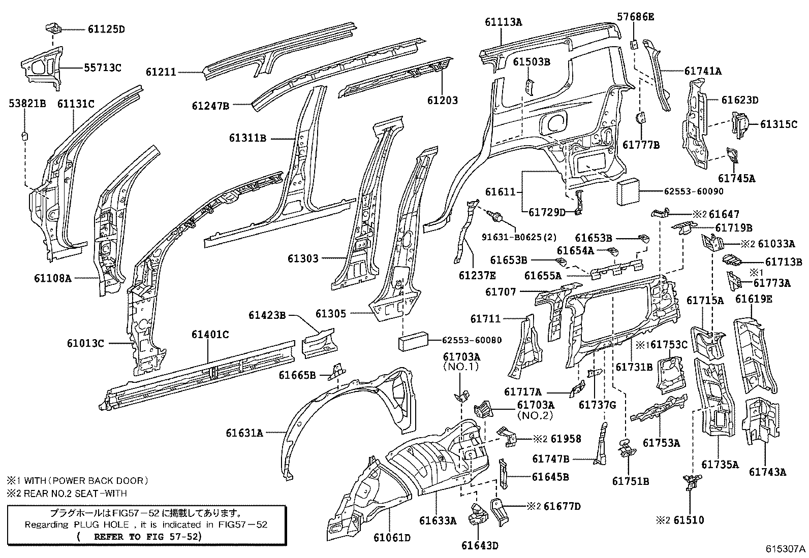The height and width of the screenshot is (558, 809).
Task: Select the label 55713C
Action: (103, 68)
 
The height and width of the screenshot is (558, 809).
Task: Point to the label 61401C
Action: (210, 335)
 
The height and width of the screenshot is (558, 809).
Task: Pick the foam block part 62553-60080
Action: (413, 341)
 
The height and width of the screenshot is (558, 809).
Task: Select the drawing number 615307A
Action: (786, 549)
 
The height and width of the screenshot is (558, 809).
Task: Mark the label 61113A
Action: (503, 22)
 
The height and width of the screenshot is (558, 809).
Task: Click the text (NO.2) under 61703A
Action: (535, 415)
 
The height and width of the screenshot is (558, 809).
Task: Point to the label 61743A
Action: (767, 472)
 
